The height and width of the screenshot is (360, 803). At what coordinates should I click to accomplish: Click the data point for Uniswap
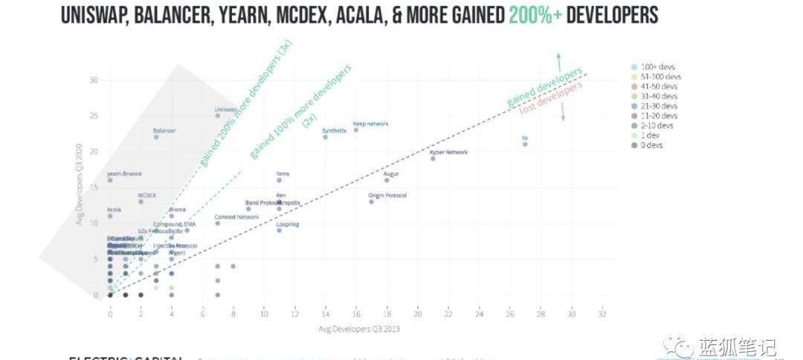[x=218, y=115]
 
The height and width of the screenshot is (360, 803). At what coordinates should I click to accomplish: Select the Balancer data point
[x=156, y=137]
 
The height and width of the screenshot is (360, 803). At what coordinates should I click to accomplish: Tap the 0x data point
[x=525, y=144]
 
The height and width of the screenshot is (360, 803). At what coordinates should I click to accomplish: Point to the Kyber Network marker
[x=433, y=158]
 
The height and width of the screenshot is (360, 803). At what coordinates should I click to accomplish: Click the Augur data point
[x=387, y=180]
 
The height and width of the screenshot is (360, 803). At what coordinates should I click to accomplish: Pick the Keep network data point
[x=356, y=130]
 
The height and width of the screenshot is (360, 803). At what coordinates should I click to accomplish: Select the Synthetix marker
[x=325, y=137]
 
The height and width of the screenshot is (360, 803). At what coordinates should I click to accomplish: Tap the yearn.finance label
[x=124, y=174]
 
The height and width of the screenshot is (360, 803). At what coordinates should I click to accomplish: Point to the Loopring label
[x=288, y=224]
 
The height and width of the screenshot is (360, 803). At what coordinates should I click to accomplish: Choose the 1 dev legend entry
[x=651, y=135]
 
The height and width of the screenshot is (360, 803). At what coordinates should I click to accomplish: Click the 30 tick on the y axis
[x=94, y=80]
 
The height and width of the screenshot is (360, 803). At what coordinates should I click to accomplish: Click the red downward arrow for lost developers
[x=564, y=112]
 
